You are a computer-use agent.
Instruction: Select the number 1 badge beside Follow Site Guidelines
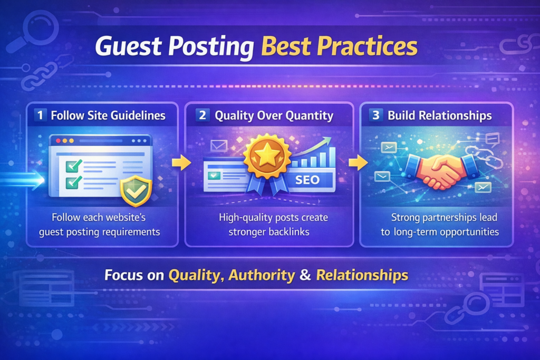(40, 115)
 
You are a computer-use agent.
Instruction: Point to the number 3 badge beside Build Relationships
(375, 115)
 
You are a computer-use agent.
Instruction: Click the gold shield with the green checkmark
(136, 190)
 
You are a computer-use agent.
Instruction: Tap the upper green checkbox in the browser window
(73, 167)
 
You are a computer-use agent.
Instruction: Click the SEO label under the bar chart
(307, 180)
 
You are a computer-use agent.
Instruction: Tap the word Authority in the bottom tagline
(262, 275)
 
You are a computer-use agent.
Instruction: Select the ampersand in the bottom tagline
(305, 275)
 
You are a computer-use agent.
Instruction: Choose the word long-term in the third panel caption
(416, 231)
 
